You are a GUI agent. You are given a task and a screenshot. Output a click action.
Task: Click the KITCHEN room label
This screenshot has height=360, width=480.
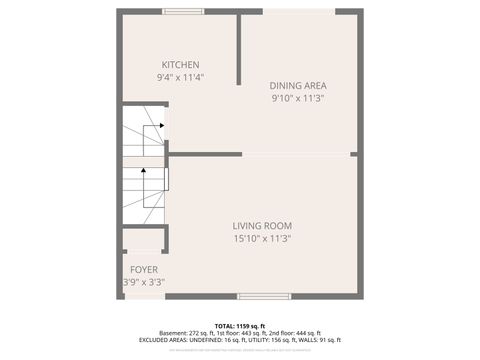(x=180, y=65)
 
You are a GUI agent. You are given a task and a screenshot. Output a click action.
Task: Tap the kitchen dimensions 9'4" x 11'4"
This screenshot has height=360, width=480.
(x=180, y=78)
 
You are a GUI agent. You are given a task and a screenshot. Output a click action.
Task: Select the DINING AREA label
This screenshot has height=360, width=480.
(x=298, y=85)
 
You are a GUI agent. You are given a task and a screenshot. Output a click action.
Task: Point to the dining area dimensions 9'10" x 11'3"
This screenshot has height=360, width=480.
(x=298, y=98)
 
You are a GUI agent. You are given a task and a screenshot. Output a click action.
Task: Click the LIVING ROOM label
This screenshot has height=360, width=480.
(x=262, y=226)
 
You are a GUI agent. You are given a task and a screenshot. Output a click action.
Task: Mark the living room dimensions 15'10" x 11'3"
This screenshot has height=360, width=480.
(x=262, y=239)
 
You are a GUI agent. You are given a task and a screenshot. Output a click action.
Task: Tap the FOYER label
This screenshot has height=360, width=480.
(x=144, y=270)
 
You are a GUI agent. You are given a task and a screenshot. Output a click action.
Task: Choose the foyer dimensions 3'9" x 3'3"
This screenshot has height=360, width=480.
(x=144, y=283)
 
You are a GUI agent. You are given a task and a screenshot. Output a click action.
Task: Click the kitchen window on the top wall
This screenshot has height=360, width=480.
(x=185, y=12)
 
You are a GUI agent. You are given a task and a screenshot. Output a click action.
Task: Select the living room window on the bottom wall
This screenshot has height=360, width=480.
(x=264, y=296)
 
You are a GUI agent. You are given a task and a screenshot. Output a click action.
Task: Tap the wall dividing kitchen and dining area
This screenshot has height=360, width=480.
(x=239, y=50)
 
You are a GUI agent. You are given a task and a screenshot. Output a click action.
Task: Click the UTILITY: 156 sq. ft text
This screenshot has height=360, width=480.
(x=267, y=340)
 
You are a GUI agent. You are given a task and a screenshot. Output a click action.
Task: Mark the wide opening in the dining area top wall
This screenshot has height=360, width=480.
(x=299, y=12)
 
